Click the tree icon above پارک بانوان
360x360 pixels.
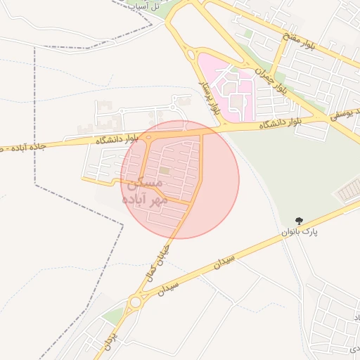point(300,220)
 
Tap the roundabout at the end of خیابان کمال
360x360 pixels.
point(134,303)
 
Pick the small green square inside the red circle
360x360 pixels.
point(164,170)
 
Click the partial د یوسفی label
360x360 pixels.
point(345,112)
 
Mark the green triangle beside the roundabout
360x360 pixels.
point(112,316)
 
